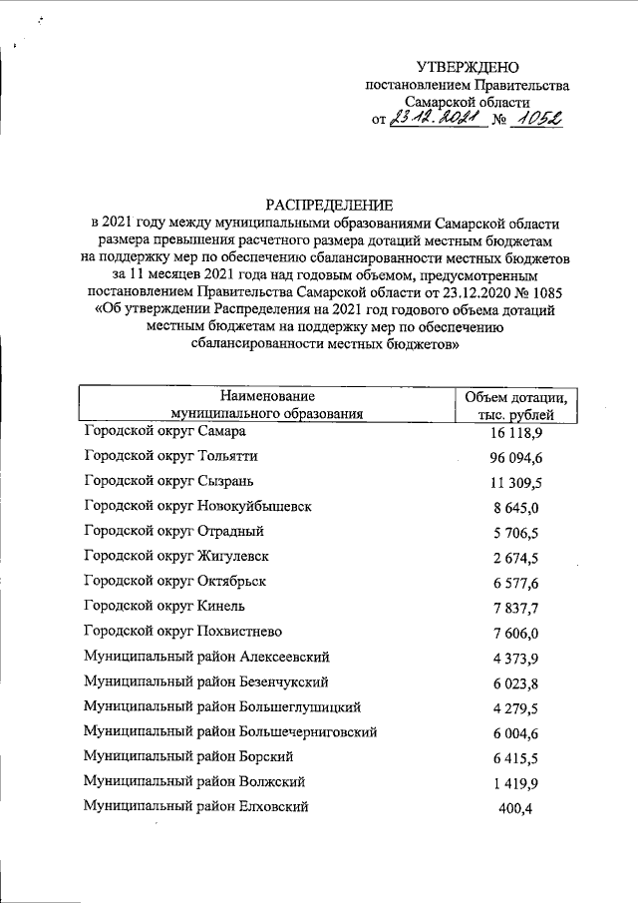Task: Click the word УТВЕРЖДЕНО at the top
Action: (468, 67)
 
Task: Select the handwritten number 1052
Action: (534, 120)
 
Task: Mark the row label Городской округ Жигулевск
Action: (177, 556)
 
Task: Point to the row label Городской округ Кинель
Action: (165, 606)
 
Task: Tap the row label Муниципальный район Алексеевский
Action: (207, 657)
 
